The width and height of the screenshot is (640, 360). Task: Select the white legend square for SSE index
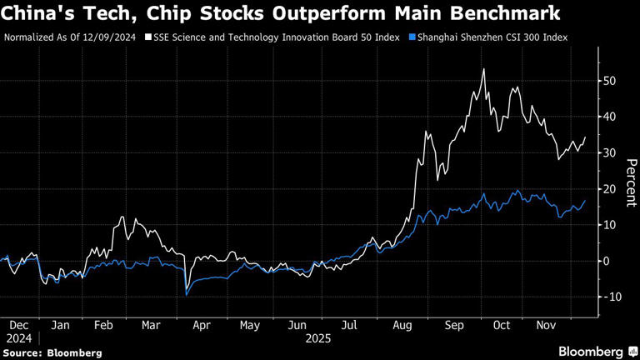point(148,37)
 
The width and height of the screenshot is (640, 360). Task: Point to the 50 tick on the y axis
point(611,81)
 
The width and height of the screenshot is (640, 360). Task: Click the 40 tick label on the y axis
point(611,117)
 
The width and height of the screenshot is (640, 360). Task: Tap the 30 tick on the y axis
point(611,153)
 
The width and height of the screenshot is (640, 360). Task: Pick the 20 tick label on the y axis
point(611,189)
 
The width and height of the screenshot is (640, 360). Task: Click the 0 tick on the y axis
point(607,261)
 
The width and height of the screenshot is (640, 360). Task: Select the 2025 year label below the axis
point(317,338)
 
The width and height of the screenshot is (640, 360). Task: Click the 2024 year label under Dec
point(19,338)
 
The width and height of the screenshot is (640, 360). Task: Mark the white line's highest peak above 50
point(484,69)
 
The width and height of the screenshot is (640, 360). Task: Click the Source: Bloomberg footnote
point(52,352)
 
